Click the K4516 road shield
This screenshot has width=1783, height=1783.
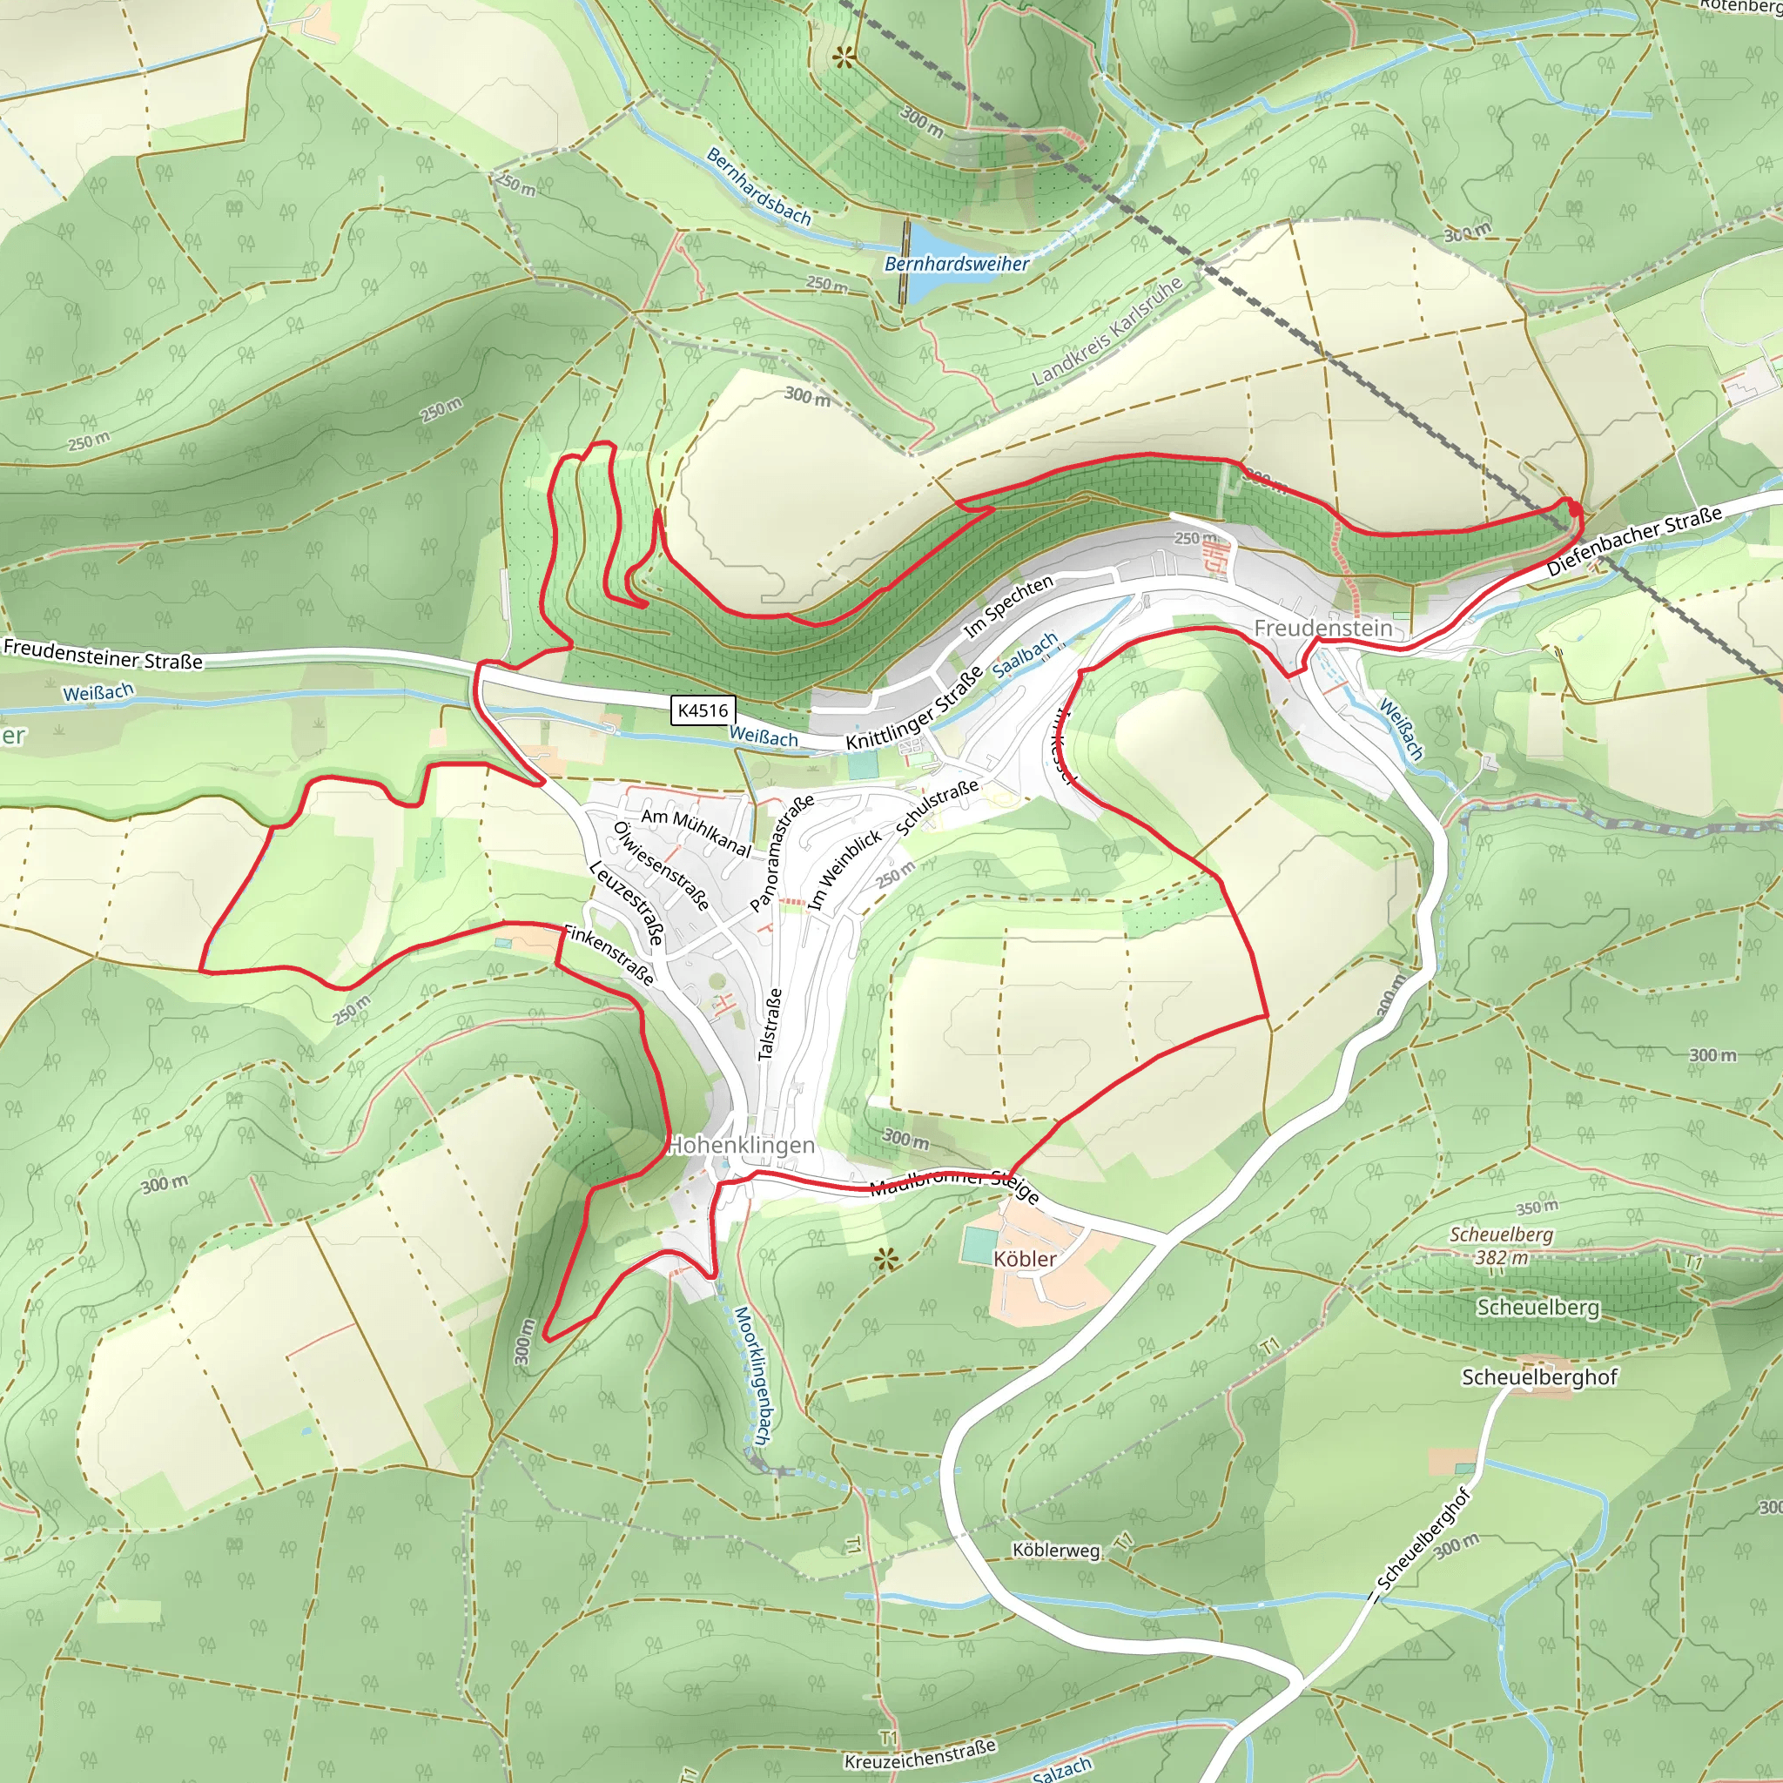point(703,710)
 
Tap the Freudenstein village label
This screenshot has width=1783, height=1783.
point(1322,629)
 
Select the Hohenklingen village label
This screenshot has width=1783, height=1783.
point(741,1146)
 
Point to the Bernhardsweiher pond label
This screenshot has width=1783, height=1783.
point(956,264)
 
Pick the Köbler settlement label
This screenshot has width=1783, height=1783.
point(1025,1259)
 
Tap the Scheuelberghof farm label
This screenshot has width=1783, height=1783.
point(1538,1377)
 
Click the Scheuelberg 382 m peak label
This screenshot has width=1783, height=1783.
point(1501,1246)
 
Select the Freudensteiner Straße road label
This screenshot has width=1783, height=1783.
point(103,654)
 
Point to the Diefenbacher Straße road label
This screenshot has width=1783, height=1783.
point(1634,541)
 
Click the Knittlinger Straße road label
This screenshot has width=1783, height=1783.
point(913,709)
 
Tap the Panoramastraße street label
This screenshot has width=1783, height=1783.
point(782,852)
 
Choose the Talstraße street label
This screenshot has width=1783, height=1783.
point(770,1024)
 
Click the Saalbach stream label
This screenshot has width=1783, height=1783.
point(1026,655)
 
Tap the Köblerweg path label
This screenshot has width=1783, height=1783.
point(1056,1550)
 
